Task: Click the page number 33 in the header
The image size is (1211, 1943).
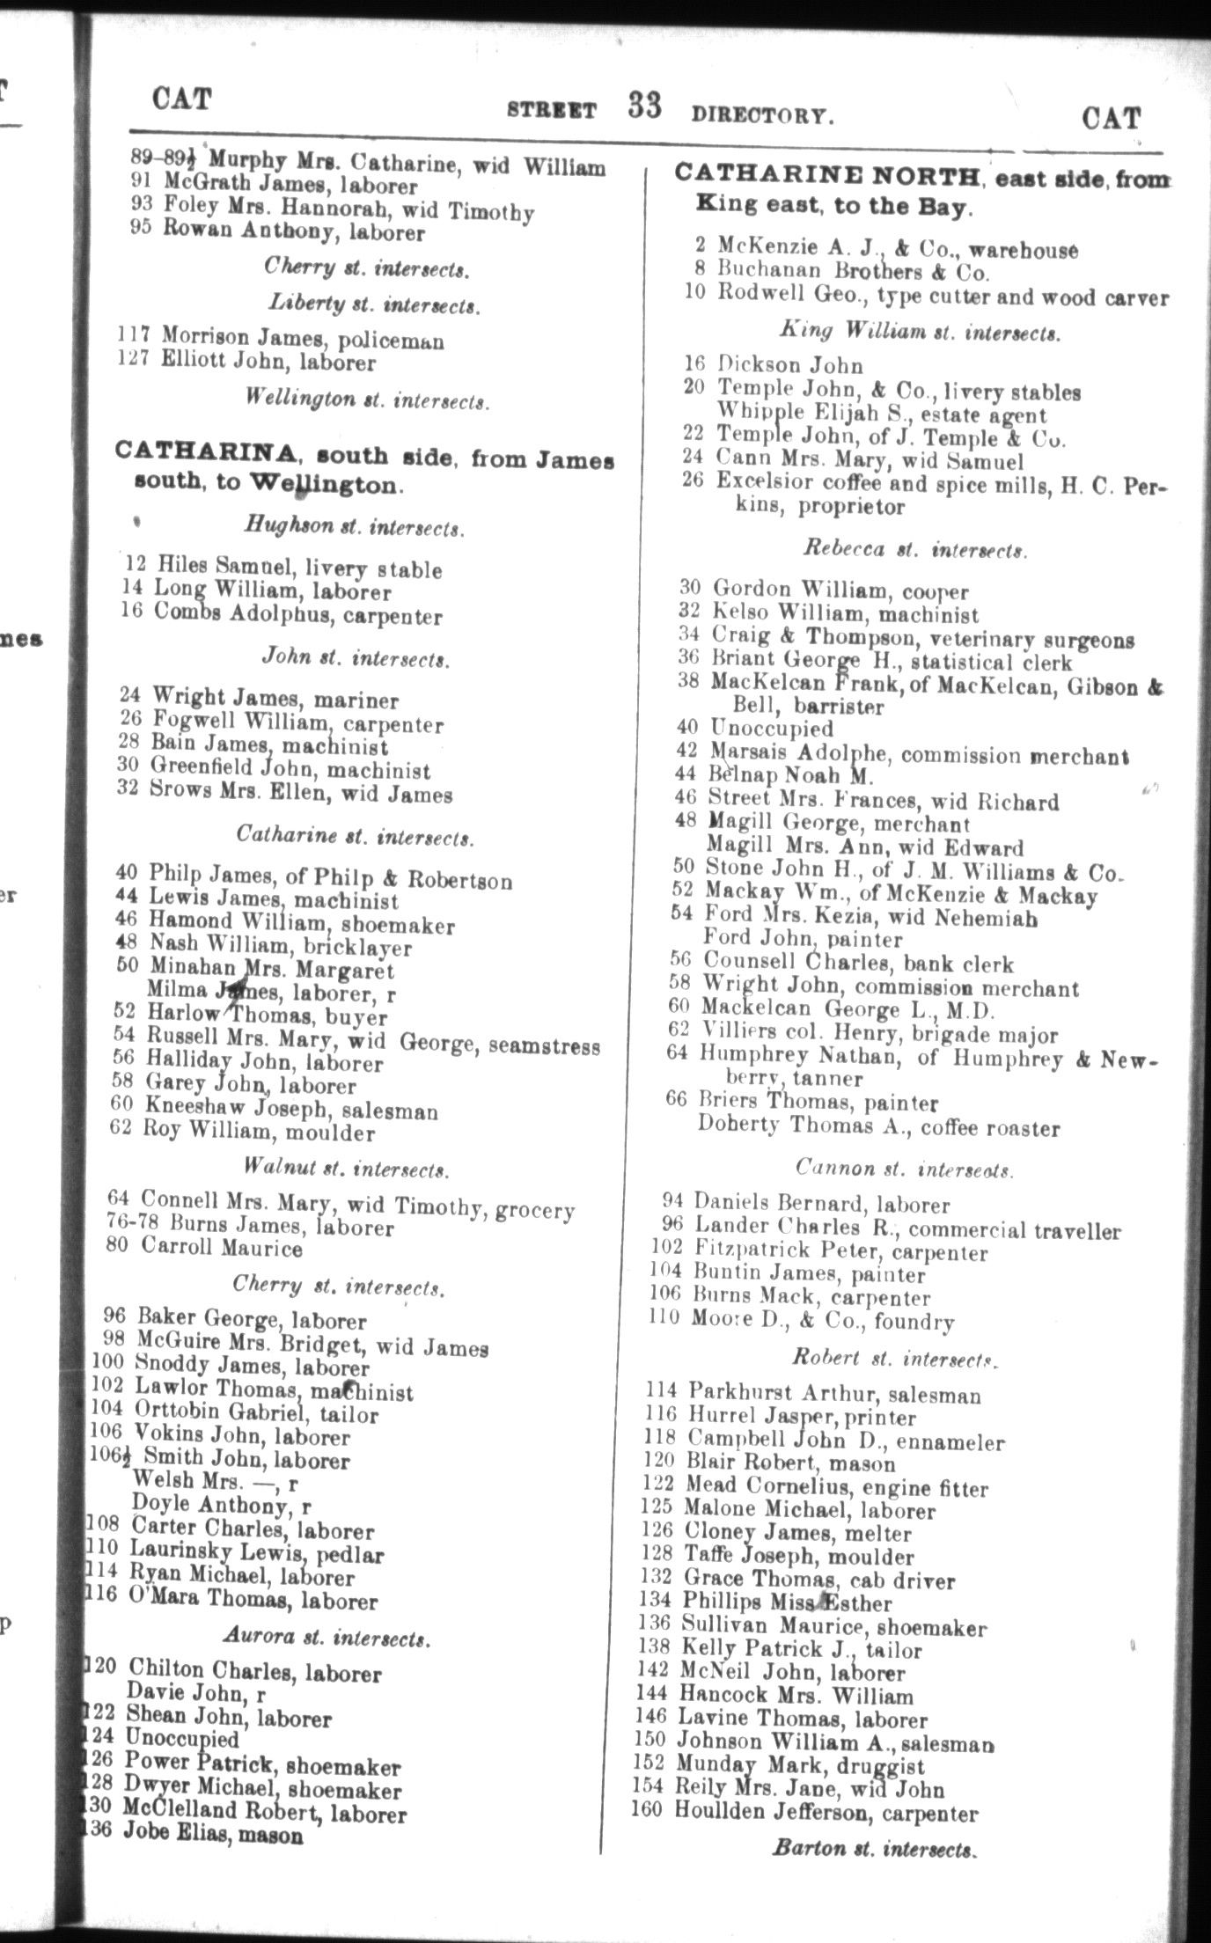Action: click(644, 106)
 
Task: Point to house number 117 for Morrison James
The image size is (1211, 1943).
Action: click(134, 335)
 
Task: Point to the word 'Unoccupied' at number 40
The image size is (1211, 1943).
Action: click(771, 729)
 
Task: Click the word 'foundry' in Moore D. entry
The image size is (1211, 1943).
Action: click(920, 1322)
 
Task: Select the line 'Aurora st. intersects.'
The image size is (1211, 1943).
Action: click(326, 1639)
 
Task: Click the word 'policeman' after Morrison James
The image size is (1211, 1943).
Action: click(391, 341)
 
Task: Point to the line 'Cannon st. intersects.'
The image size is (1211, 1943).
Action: click(903, 1169)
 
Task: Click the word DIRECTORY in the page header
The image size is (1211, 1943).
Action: click(762, 115)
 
